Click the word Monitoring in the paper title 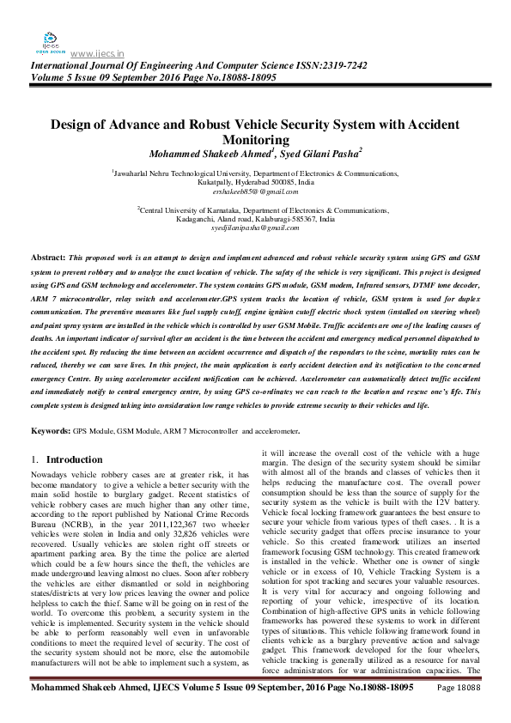(x=255, y=139)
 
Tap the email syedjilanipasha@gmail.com (x=254, y=227)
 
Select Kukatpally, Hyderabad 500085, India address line (x=255, y=183)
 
